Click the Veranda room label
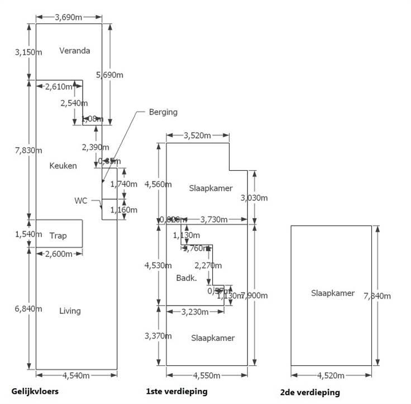pos(74,51)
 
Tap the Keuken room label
pos(63,166)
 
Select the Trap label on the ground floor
pos(58,236)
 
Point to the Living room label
pos(70,311)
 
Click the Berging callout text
pos(163,112)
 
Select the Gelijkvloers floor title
pos(35,391)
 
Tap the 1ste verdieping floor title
pos(176,392)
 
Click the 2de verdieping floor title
pos(310,392)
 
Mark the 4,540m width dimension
pos(77,375)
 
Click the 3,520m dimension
pos(197,135)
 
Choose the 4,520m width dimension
pos(332,375)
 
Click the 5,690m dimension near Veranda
pos(110,74)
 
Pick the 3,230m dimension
pos(195,312)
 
